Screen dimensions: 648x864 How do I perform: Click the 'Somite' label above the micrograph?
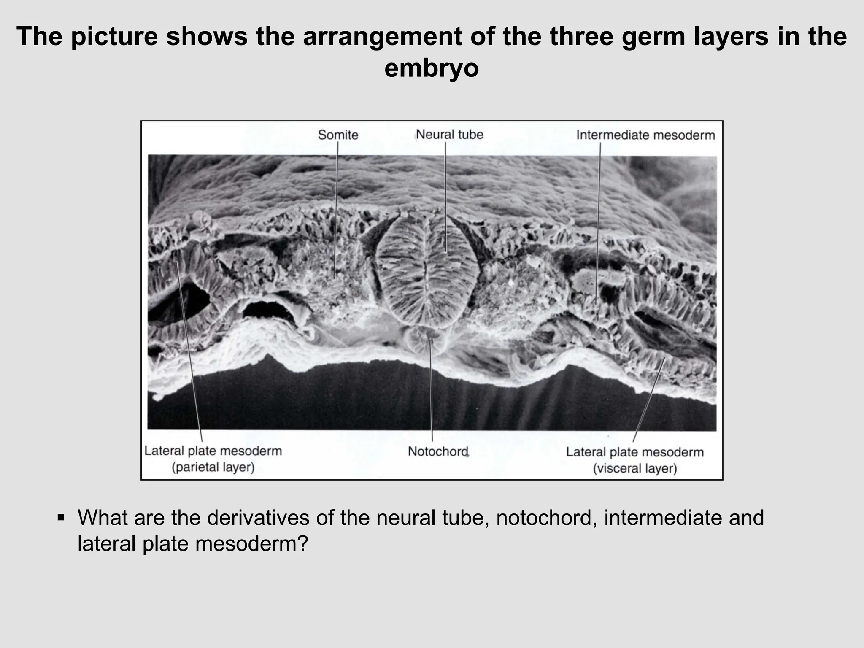click(x=338, y=135)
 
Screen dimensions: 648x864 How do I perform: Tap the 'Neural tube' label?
click(x=449, y=135)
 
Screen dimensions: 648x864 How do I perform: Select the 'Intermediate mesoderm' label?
click(x=645, y=135)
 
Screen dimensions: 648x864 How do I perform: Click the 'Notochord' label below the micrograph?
click(x=438, y=451)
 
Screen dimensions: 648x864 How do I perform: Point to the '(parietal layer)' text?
click(x=213, y=467)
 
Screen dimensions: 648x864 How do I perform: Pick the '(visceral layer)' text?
click(x=635, y=469)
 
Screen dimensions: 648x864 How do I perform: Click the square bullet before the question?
click(x=61, y=517)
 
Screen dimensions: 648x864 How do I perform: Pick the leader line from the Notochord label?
click(x=431, y=392)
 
